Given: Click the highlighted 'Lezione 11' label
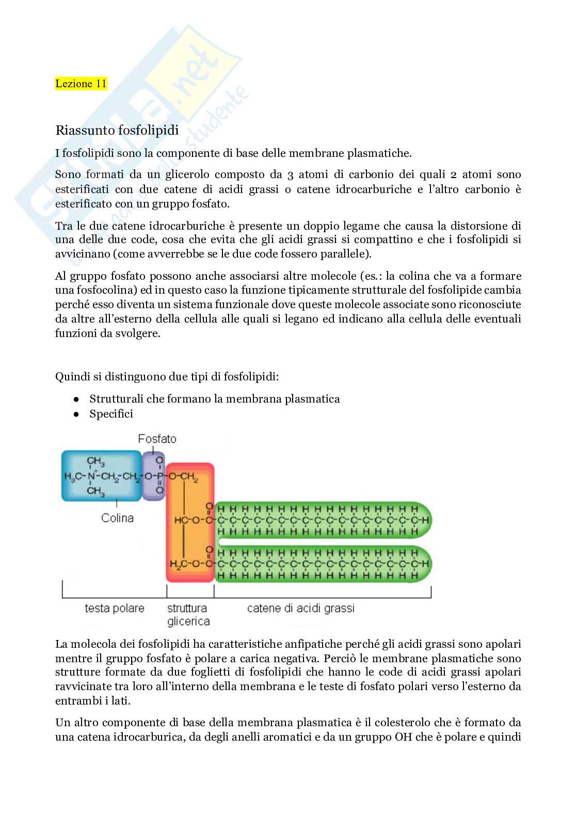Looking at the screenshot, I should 81,84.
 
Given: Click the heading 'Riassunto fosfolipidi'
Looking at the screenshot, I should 117,130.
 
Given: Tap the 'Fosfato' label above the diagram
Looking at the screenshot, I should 157,439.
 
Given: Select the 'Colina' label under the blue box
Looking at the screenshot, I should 117,518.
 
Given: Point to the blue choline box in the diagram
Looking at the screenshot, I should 101,476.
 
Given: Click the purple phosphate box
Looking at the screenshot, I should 153,476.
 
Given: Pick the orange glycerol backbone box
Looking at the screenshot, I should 190,522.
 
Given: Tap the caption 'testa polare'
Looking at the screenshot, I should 115,609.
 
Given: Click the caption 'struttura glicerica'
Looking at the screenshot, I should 188,615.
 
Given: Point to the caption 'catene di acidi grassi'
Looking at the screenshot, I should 301,609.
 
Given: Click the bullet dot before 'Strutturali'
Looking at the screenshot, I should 75,399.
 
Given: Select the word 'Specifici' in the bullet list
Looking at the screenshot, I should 111,414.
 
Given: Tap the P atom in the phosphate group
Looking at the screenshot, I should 159,476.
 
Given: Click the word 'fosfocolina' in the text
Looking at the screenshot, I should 93,291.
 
